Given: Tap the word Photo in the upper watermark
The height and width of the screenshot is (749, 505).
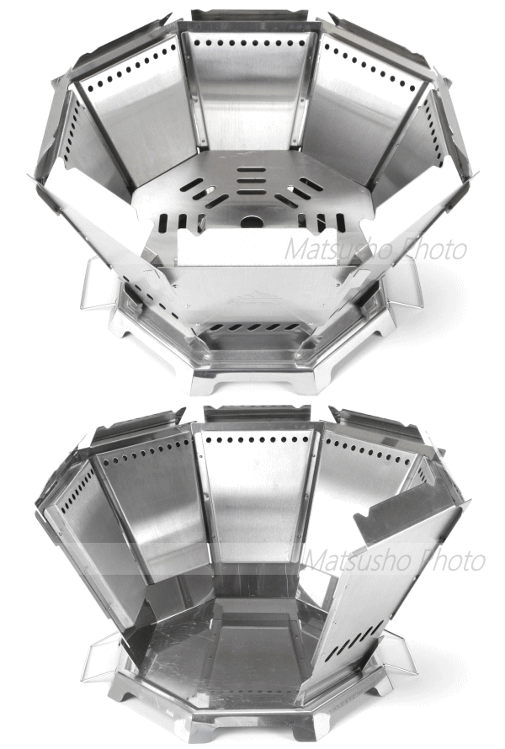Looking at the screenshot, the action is pos(433,249).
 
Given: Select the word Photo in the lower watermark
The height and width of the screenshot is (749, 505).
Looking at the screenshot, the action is pos(452,560).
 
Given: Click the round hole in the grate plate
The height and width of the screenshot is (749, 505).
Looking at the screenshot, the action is pos(252,221).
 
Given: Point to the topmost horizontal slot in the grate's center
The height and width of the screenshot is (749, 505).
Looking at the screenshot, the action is pos(252,169).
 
